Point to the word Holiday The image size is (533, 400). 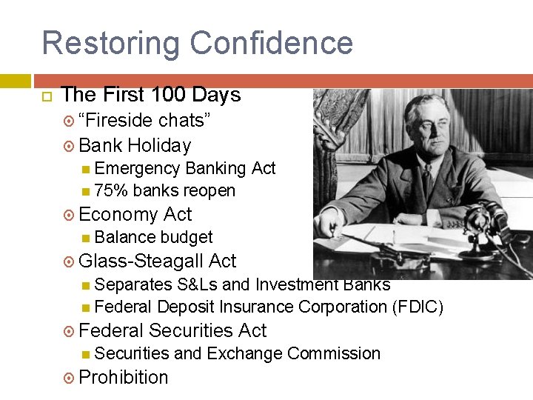tap(159, 145)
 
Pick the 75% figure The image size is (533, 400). tap(111, 190)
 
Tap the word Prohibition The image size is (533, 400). tap(123, 377)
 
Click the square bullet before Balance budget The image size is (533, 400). tap(86, 238)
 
